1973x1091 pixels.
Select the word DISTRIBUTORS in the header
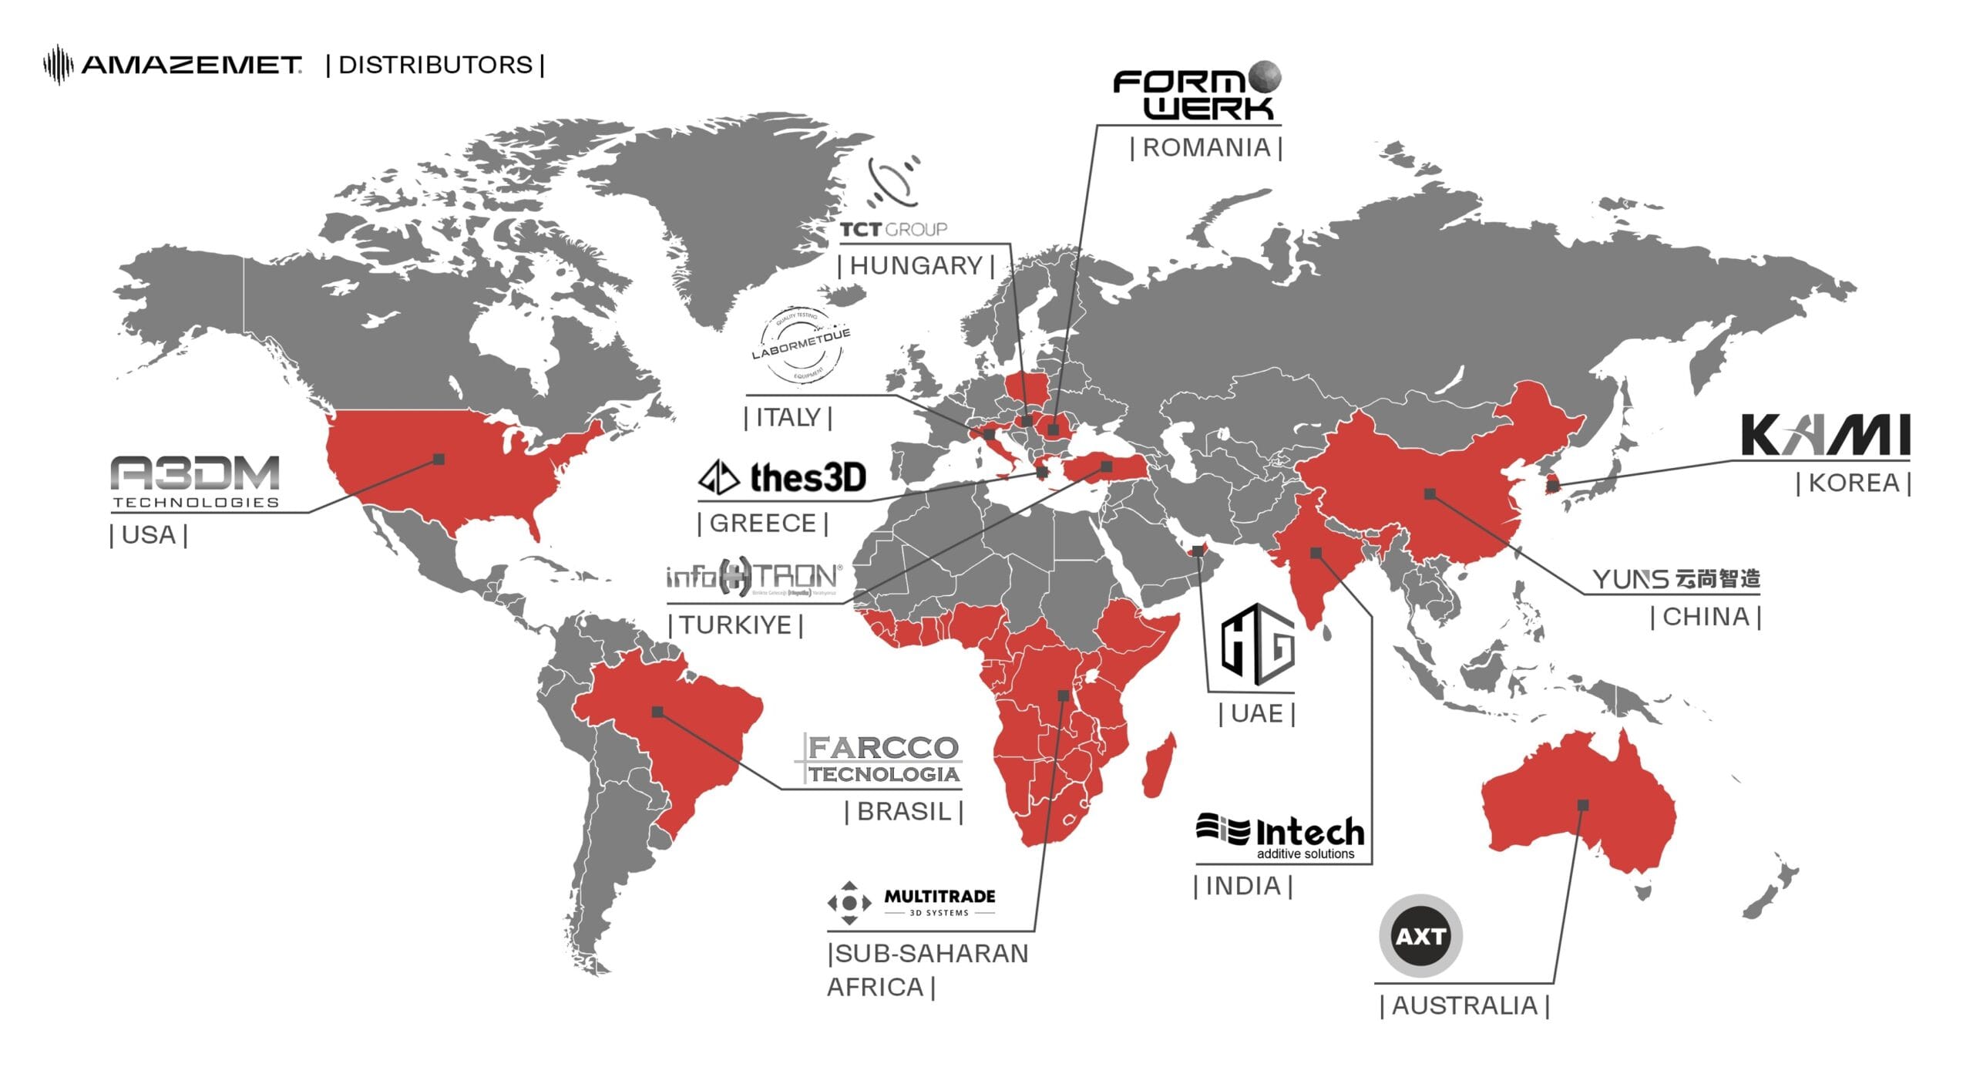coord(435,65)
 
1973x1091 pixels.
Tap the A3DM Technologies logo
coord(196,481)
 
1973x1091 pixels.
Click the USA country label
coord(149,534)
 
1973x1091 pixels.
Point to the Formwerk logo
coord(1196,92)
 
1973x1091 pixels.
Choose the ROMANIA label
coord(1206,147)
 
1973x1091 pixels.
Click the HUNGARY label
coord(916,266)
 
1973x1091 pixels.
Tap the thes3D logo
coord(783,478)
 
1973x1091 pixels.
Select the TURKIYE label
coord(736,625)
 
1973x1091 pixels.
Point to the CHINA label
coord(1706,617)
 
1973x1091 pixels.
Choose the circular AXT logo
coord(1420,936)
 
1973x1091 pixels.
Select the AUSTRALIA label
coord(1464,1006)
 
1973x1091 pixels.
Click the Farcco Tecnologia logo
coord(879,759)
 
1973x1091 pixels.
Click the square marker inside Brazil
coord(657,712)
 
